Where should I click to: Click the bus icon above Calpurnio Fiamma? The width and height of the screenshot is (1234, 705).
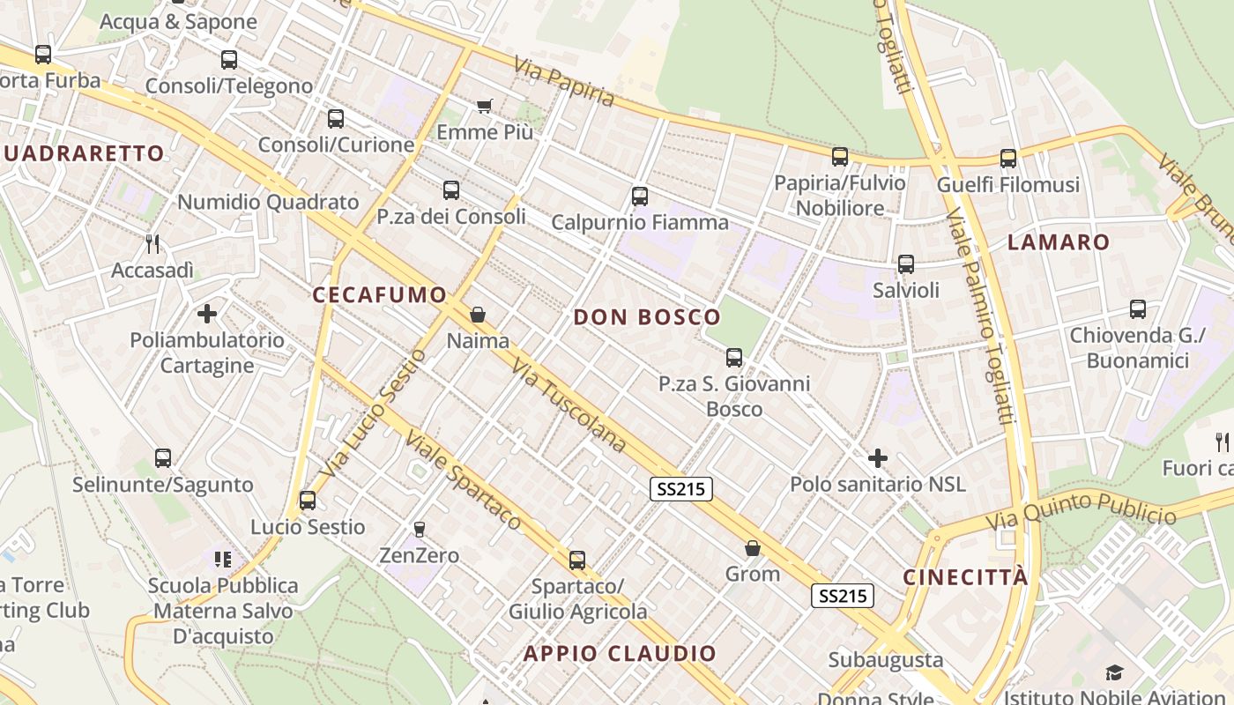(x=640, y=197)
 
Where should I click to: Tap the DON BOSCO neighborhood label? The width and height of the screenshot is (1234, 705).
(x=647, y=317)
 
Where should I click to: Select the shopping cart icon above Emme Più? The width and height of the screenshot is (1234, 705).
(x=484, y=107)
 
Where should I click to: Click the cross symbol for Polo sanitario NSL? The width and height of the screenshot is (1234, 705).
(x=878, y=458)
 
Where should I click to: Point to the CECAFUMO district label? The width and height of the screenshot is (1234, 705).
(x=379, y=295)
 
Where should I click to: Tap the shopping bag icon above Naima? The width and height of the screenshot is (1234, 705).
(x=478, y=315)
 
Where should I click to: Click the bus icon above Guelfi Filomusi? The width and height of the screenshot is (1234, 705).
(x=1008, y=159)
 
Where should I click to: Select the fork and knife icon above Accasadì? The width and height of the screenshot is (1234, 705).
(x=153, y=243)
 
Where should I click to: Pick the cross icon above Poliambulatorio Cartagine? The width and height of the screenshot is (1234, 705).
(x=207, y=314)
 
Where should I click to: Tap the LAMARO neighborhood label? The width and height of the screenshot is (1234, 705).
(x=1058, y=242)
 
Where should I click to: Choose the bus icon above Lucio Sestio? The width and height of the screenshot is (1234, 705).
(x=308, y=501)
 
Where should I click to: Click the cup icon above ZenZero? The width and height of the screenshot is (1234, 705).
(x=420, y=529)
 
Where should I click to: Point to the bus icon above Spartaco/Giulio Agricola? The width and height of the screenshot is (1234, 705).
(x=577, y=560)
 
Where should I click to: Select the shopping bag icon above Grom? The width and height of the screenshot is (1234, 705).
(x=753, y=548)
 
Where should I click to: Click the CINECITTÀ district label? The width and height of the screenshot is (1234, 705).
(x=965, y=577)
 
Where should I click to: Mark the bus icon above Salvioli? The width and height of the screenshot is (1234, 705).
(x=906, y=264)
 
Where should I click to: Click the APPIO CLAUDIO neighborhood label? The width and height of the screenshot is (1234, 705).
(x=620, y=653)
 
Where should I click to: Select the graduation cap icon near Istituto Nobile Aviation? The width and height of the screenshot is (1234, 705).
(x=1115, y=673)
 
